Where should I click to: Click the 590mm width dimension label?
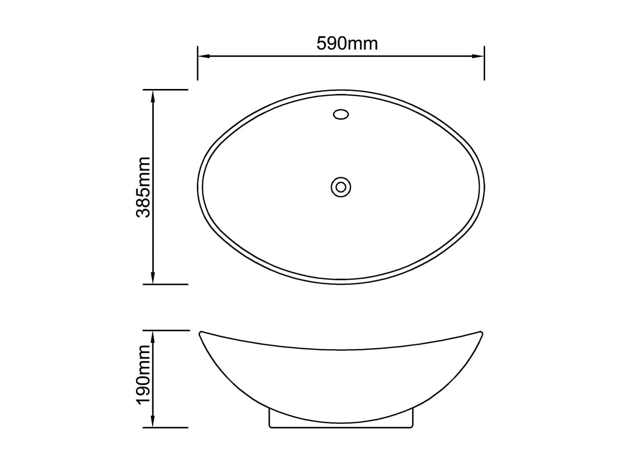tap(347, 44)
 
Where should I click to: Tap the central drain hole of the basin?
tap(341, 187)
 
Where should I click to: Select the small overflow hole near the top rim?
tap(341, 114)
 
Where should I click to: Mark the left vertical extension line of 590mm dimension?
tap(198, 63)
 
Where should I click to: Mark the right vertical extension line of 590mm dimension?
tap(484, 63)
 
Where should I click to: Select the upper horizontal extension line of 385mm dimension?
tap(166, 89)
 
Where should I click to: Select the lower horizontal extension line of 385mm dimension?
tap(166, 284)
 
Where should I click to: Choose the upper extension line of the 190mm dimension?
tap(166, 330)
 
